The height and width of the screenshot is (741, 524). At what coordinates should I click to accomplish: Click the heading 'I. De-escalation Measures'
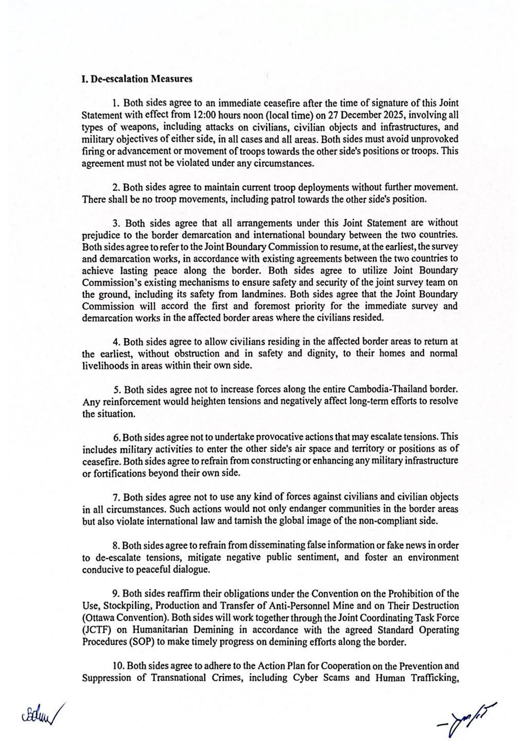137,79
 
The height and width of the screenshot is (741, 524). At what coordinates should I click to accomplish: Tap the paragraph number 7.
115,497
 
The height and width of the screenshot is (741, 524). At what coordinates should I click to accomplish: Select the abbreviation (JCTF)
95,630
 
